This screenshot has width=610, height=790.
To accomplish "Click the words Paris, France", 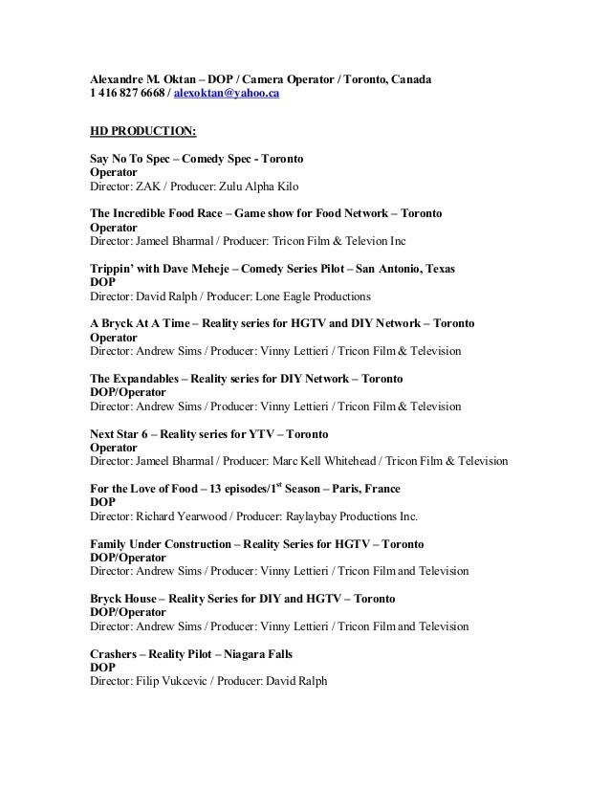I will [381, 489].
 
